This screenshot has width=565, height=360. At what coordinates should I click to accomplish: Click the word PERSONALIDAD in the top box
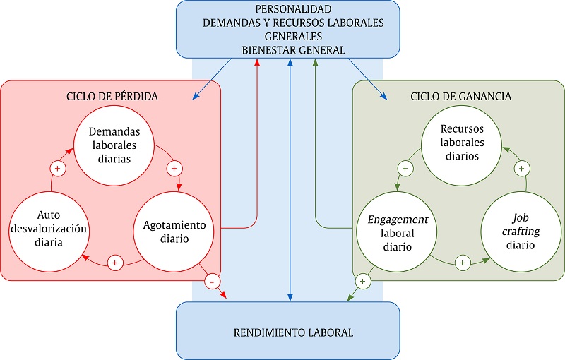click(x=292, y=9)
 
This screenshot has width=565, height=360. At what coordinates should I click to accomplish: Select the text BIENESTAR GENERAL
click(x=292, y=49)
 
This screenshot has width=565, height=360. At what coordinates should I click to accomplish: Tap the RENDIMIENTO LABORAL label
click(x=292, y=332)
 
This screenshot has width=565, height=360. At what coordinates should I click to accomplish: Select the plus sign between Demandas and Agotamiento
click(x=174, y=169)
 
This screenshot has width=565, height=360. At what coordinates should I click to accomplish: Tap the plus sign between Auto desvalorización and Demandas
click(x=58, y=169)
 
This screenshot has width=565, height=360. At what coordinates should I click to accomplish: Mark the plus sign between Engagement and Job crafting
click(x=462, y=263)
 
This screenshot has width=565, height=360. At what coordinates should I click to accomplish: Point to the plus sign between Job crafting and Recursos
click(x=521, y=169)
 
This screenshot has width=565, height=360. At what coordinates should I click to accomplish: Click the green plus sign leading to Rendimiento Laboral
click(x=362, y=282)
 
